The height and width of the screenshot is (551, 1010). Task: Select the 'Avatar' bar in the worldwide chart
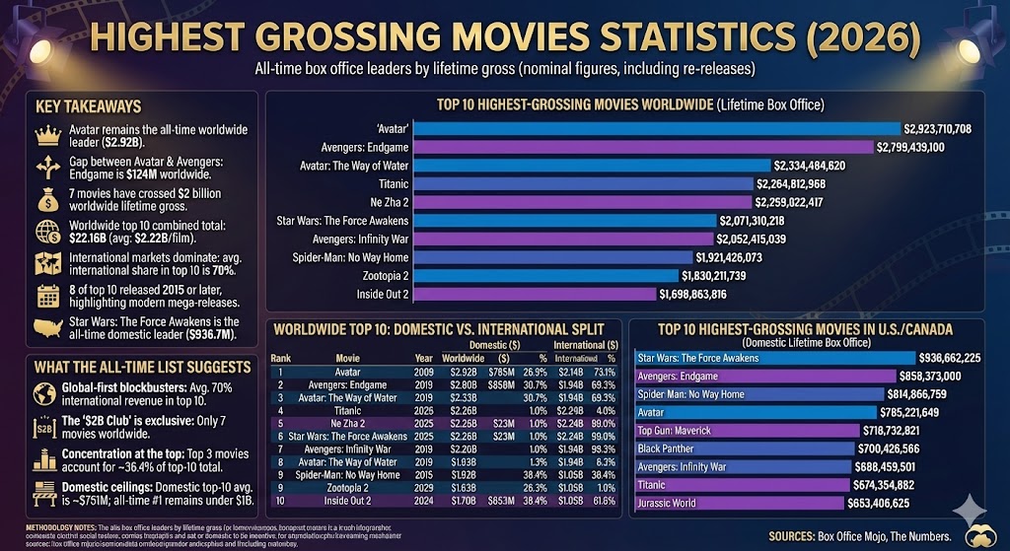(657, 128)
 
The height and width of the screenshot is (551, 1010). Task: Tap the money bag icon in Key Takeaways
(47, 200)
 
